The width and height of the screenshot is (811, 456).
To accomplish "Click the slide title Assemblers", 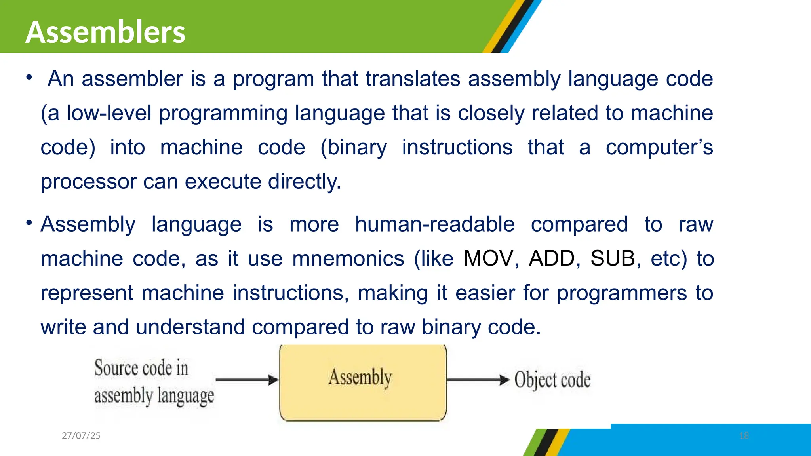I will coord(105,32).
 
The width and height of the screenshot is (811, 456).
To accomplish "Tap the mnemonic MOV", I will coord(488,259).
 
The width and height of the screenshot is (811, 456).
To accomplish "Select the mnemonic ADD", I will coord(552,259).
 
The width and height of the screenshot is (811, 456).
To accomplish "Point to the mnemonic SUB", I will coord(613,259).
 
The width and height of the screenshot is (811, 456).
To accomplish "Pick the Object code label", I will coord(552,380).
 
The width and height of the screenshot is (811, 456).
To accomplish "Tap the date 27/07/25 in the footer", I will coord(81,436).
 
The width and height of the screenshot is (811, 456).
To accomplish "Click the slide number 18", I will coord(744,436).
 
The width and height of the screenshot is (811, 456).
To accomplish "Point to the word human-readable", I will coord(434,224).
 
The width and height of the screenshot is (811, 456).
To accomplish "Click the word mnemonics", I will coord(348,259).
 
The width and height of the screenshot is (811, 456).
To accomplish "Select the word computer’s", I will coord(659,148).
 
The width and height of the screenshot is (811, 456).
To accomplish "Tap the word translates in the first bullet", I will coord(413,79).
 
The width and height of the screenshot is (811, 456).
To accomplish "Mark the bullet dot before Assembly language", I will coord(29,223).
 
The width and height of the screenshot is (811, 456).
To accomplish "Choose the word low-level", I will coord(109,113).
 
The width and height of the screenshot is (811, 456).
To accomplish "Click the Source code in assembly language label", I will coord(154,382).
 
